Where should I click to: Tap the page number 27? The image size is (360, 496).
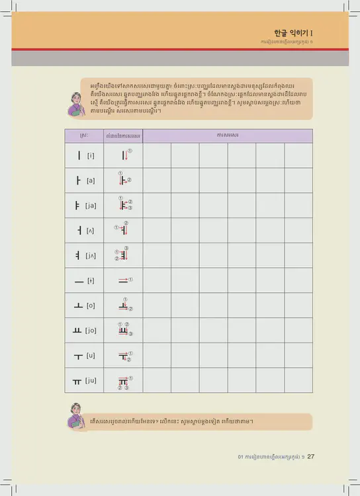point(310,456)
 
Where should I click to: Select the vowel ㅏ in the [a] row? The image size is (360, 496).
point(79,180)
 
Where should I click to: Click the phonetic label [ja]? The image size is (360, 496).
point(91,205)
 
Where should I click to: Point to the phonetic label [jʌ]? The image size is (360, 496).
point(91,256)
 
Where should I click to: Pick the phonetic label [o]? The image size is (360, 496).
point(91,306)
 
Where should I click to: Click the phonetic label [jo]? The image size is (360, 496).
point(91,331)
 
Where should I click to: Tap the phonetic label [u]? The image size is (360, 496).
point(91,356)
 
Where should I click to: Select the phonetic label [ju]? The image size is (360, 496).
point(91,381)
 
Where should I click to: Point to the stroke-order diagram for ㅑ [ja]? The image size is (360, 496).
point(124,204)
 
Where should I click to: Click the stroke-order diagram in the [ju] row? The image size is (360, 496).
point(124,382)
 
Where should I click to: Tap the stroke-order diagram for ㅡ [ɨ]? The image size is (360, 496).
point(123,280)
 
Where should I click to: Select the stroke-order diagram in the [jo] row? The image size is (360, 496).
point(124,331)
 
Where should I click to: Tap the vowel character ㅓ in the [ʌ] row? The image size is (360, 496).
point(79,230)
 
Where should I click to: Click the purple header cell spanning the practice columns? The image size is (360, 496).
point(228,135)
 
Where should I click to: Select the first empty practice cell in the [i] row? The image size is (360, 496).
point(157,155)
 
